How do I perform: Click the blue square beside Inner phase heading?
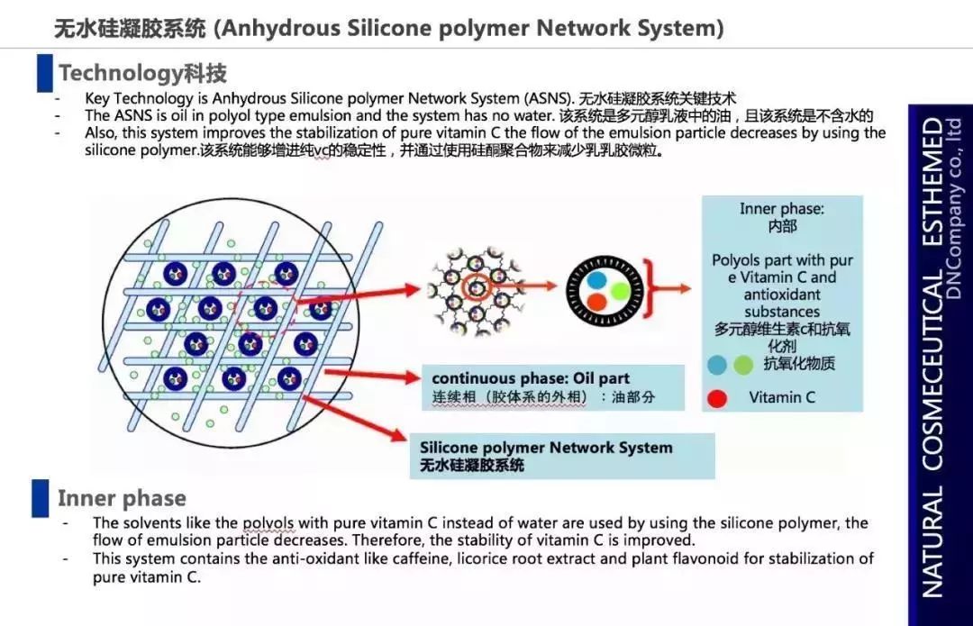point(41,498)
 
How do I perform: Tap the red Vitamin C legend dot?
point(717,398)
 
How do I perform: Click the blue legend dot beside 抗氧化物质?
point(718,365)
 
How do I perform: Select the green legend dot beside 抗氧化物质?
point(743,365)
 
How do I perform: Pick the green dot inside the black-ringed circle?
point(618,291)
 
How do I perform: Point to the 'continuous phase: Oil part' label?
point(531,378)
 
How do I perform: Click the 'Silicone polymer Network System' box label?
point(546,448)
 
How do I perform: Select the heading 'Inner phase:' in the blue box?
point(782,209)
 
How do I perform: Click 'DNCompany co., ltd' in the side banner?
point(956,222)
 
